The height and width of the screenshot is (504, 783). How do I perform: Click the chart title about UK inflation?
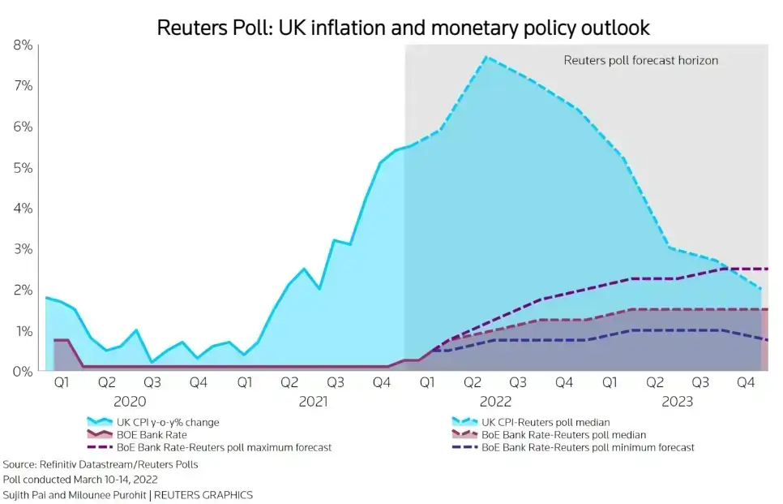[403, 27]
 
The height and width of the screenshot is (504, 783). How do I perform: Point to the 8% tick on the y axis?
[22, 45]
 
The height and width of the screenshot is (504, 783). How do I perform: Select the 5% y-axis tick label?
[22, 168]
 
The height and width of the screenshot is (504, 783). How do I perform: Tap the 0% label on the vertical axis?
[22, 372]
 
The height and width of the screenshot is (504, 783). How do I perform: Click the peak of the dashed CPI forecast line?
[486, 57]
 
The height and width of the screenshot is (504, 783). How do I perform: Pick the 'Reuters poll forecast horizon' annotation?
[640, 60]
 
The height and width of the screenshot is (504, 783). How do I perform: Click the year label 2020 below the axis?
[130, 401]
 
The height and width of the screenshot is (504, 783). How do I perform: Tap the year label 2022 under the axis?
[495, 401]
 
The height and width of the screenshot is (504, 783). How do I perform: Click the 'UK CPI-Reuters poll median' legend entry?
[545, 422]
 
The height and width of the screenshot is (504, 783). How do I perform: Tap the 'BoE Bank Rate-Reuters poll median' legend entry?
[560, 435]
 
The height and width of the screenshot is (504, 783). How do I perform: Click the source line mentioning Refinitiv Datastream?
[101, 465]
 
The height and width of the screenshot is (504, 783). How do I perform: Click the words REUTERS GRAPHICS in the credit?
[203, 494]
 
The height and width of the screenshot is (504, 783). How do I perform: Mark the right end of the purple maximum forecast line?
[767, 269]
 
